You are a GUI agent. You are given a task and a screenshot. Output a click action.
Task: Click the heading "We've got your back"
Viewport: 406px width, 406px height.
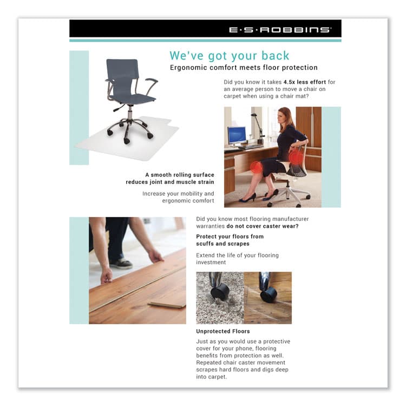point(230,56)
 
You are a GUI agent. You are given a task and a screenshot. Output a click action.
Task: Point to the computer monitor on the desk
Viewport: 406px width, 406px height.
point(237,135)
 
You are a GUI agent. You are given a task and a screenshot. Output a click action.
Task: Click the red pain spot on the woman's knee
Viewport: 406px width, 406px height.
point(256,167)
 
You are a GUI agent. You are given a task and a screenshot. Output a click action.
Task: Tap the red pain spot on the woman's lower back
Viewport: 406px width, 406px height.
point(295,157)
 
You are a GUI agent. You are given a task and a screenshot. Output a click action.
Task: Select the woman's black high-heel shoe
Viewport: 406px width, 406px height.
point(248,198)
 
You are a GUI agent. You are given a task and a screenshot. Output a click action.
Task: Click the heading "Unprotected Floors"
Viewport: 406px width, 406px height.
point(222,331)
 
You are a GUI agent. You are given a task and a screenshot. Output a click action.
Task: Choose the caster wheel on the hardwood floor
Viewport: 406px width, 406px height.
point(269,294)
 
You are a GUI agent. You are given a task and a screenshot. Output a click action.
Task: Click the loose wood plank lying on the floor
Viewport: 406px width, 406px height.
point(166,305)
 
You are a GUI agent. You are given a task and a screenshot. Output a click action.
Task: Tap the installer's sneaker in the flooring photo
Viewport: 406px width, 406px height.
point(122,263)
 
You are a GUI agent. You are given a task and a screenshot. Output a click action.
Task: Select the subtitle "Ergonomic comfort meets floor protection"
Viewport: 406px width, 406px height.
point(244,68)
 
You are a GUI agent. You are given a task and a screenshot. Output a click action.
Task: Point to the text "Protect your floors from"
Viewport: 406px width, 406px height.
point(230,237)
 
